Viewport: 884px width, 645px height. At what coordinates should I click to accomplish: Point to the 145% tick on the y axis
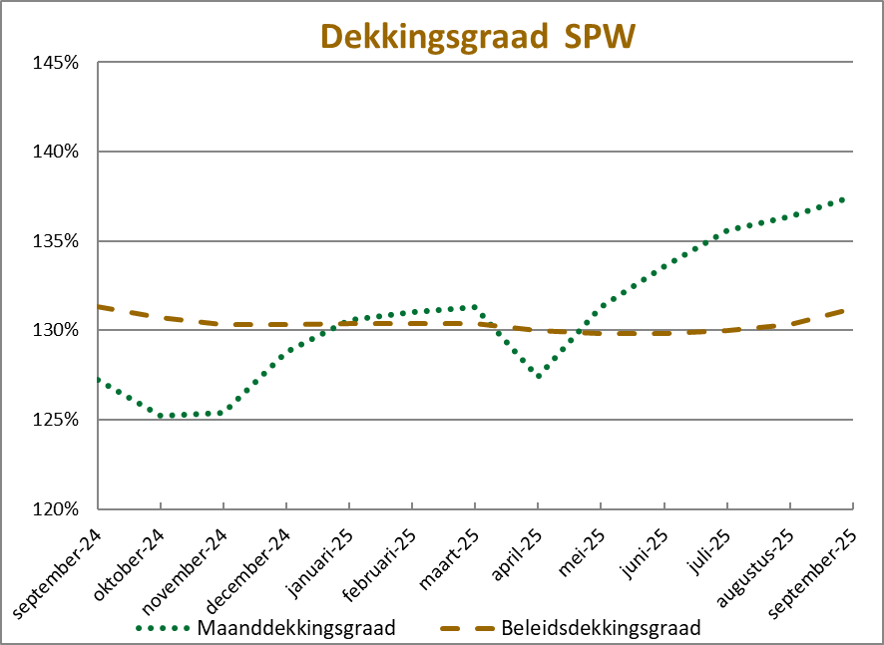click(56, 63)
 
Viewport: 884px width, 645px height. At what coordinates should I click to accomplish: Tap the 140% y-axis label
click(56, 152)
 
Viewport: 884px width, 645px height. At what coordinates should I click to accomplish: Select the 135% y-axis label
click(56, 241)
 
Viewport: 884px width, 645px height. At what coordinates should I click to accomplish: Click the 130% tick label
click(56, 330)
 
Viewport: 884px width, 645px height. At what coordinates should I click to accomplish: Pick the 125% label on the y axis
click(56, 420)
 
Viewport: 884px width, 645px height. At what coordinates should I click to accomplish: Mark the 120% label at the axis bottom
click(56, 508)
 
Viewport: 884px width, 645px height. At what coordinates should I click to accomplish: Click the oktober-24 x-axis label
click(131, 559)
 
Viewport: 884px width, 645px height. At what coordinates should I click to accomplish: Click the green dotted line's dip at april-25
click(538, 376)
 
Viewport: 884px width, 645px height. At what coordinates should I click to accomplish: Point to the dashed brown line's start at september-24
click(98, 306)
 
